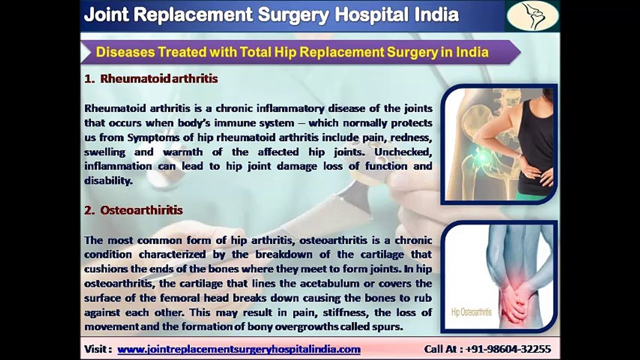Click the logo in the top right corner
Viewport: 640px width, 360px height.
click(532, 16)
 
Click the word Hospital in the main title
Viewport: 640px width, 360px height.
click(371, 14)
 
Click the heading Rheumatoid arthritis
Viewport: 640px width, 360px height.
click(158, 79)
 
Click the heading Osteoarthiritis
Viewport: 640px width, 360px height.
click(141, 210)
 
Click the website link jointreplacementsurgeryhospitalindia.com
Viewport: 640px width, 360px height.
click(239, 349)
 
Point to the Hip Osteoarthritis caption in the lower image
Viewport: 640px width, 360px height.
click(471, 312)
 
